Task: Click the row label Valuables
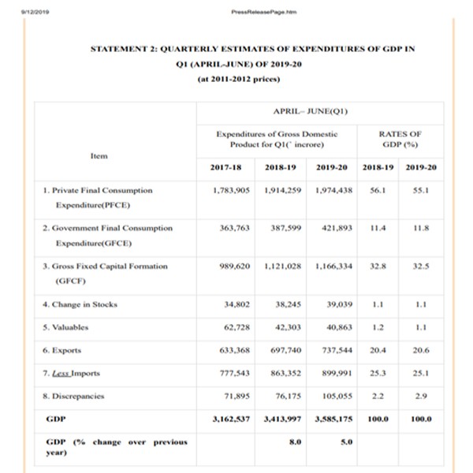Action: (68, 326)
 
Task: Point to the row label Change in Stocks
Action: (81, 304)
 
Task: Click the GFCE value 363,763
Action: (232, 228)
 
